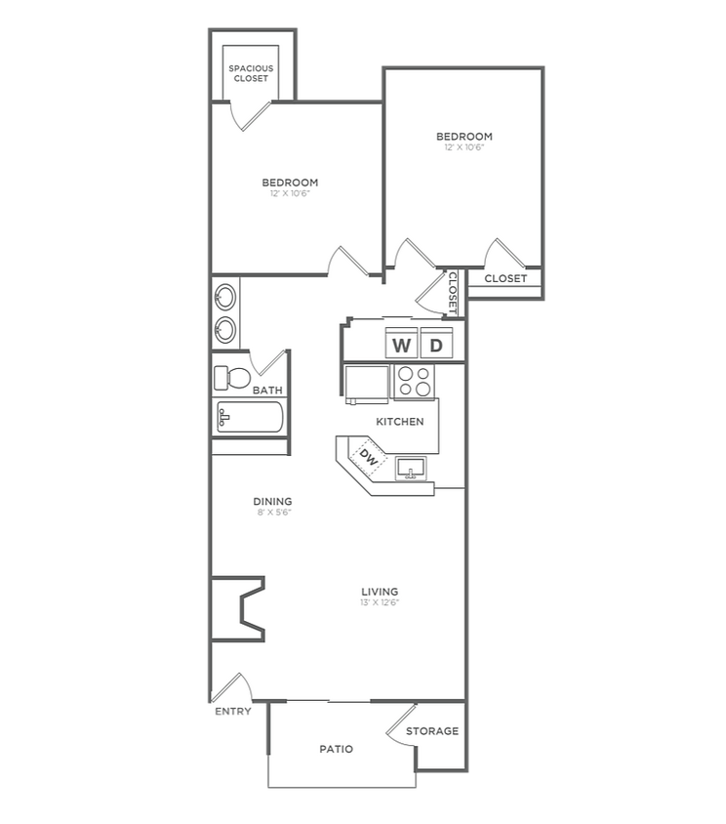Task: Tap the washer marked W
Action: [401, 345]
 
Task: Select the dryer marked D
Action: [436, 345]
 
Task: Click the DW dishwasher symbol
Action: [368, 455]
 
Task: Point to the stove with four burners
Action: [415, 381]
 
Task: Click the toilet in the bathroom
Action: [230, 377]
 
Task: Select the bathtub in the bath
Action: [248, 420]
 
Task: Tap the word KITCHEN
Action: [401, 422]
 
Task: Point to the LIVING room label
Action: [379, 592]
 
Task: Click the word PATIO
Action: [336, 750]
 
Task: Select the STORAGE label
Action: [432, 731]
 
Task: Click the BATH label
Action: [267, 391]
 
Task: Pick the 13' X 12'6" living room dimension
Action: [379, 603]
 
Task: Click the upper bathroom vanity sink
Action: [224, 296]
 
